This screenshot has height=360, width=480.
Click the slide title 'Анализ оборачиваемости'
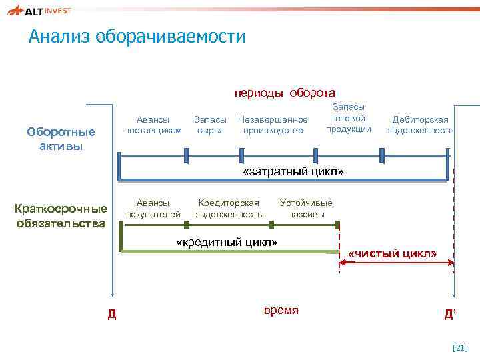click(x=137, y=36)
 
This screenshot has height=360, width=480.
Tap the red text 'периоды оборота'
click(x=284, y=92)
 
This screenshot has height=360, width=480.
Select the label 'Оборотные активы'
click(x=61, y=139)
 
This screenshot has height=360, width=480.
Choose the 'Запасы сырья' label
click(x=210, y=125)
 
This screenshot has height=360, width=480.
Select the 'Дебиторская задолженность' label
click(x=420, y=125)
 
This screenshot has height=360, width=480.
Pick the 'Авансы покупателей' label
click(x=153, y=208)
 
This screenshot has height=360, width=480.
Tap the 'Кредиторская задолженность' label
click(x=229, y=208)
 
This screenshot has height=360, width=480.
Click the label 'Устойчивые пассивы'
click(x=306, y=208)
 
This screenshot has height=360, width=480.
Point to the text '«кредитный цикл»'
click(x=226, y=241)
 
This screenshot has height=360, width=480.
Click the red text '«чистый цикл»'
click(x=393, y=254)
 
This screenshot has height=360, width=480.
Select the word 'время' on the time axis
click(x=281, y=311)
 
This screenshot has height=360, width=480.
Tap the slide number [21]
click(x=460, y=347)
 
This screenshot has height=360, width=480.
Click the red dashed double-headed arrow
click(x=396, y=265)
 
